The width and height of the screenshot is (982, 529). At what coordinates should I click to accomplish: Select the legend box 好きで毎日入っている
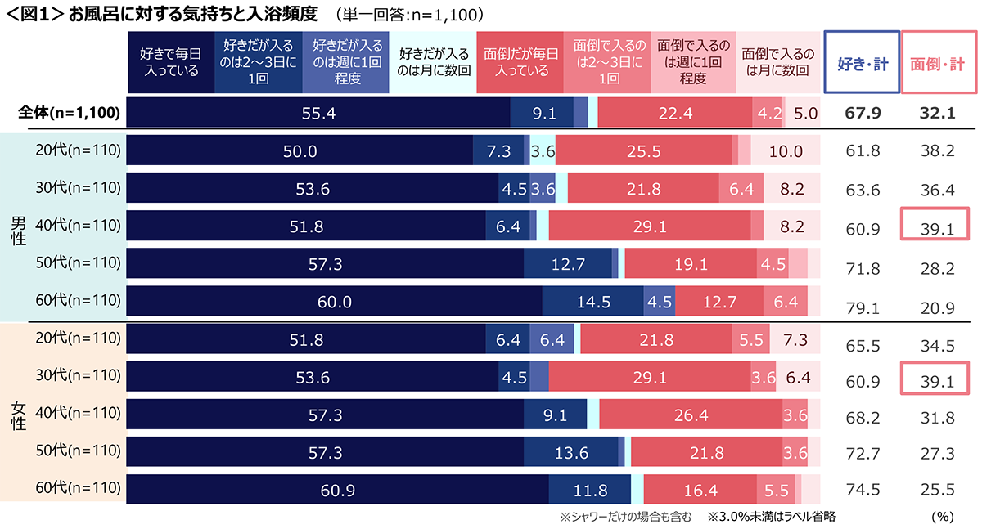[x=169, y=62]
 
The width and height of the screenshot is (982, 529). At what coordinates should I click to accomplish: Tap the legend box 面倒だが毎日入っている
[x=520, y=62]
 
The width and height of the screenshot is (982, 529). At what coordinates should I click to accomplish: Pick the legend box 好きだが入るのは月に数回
[x=434, y=62]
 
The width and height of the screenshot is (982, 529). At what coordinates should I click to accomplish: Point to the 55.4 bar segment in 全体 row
[x=319, y=113]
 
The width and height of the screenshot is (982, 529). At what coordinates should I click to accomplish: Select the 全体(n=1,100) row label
[x=70, y=114]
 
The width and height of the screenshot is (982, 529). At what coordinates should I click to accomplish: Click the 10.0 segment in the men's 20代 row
[x=786, y=151]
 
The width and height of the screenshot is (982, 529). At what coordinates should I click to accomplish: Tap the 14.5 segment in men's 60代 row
[x=593, y=302]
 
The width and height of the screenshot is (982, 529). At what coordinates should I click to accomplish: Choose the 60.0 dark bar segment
[x=335, y=302]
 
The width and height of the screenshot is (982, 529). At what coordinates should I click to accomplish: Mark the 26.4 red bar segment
[x=690, y=415]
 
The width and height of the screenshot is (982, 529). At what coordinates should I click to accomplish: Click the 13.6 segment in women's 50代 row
[x=570, y=453]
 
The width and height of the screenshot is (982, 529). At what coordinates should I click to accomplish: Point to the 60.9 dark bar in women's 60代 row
[x=338, y=491]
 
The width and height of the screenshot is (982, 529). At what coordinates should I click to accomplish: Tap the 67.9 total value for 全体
[x=862, y=114]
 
